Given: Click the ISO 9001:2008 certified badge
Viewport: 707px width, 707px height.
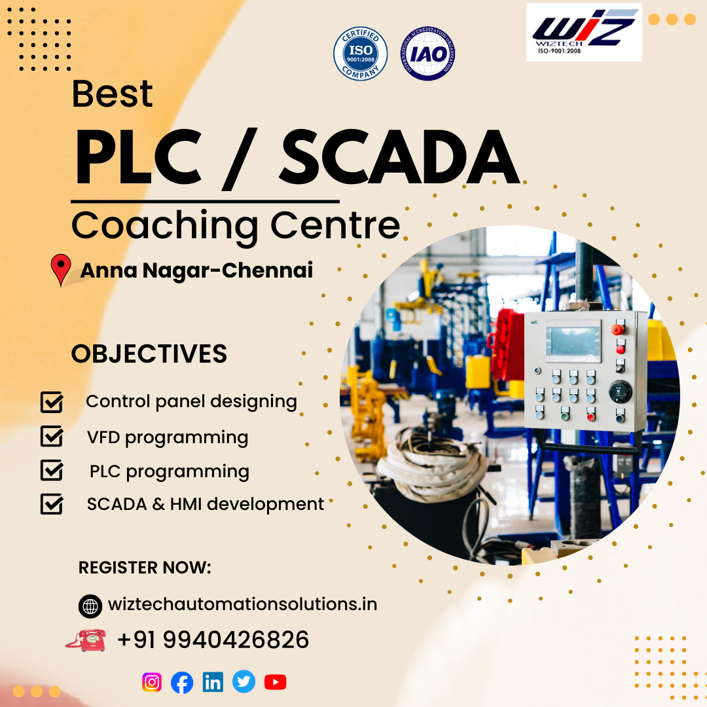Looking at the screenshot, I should point(360,53).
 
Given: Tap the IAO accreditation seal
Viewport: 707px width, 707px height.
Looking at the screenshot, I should point(428,54).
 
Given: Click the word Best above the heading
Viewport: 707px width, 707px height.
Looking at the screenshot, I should point(112,94).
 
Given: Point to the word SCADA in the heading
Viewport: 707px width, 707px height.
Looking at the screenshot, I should point(399,159).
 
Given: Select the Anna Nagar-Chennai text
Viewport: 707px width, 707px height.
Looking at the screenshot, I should point(196,270).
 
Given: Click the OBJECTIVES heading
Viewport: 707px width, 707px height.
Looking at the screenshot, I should point(149,354).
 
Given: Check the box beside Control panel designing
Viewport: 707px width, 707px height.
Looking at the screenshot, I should point(52,402).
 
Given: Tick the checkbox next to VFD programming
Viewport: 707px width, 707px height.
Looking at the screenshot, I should point(52,437).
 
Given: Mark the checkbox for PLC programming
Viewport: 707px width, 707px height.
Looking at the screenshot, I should point(52,471).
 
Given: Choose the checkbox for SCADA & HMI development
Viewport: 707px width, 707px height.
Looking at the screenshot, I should point(52,504).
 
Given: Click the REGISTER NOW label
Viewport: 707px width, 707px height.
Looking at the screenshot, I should point(145,568).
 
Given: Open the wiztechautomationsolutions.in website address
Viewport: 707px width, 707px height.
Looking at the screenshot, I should point(242,604).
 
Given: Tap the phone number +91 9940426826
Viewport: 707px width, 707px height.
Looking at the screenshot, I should point(213,640).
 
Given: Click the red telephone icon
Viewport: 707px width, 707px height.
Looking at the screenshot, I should point(86,640).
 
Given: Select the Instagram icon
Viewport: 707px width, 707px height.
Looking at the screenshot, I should point(152,682).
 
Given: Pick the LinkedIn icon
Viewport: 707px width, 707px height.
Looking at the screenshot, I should point(213,682).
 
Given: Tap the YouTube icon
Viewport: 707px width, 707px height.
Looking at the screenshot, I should point(275,682).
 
